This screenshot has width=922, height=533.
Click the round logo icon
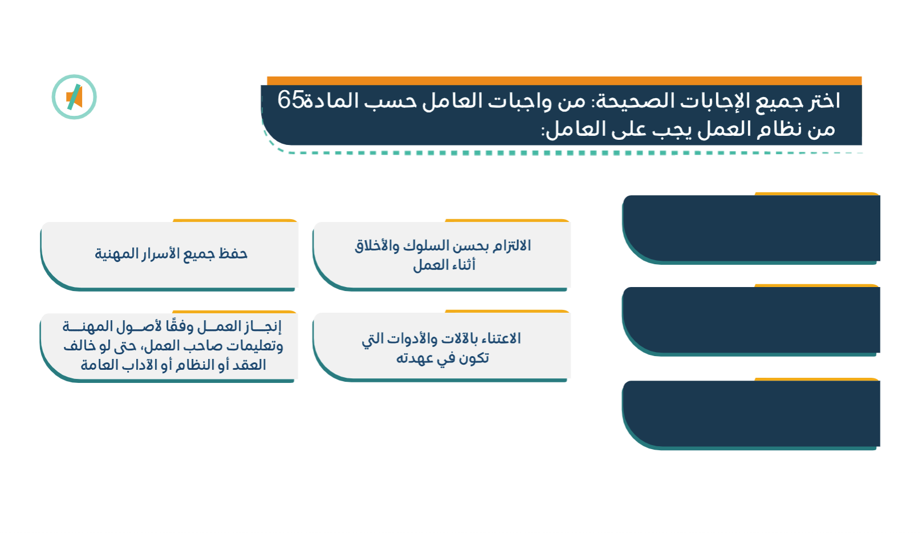click(x=74, y=97)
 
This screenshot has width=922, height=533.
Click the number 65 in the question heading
click(x=290, y=100)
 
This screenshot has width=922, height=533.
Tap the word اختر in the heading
click(x=823, y=101)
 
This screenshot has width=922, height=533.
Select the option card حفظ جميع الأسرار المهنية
click(x=169, y=255)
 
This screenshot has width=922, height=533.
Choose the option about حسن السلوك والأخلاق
click(x=442, y=255)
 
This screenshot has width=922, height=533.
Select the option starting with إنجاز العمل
click(x=169, y=346)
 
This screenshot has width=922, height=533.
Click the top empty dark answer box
click(x=751, y=228)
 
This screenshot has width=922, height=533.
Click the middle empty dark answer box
click(x=751, y=320)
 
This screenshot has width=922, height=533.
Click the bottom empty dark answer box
click(x=751, y=414)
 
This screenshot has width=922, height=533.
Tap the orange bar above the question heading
click(x=564, y=80)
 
